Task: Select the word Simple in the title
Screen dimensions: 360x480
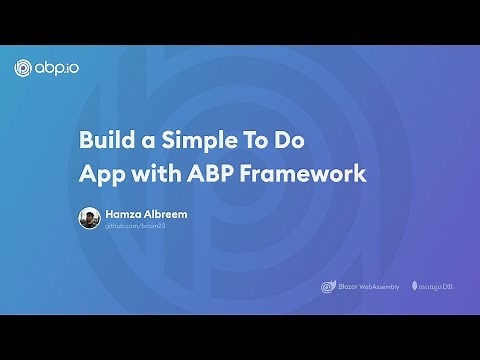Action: click(x=194, y=141)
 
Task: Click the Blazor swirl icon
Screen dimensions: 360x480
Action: click(x=327, y=287)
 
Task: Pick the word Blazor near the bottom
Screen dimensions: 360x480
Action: click(x=347, y=287)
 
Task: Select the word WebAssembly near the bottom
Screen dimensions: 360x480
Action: click(x=380, y=287)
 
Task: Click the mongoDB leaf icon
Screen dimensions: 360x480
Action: click(x=414, y=287)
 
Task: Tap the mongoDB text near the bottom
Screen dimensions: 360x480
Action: click(x=436, y=287)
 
